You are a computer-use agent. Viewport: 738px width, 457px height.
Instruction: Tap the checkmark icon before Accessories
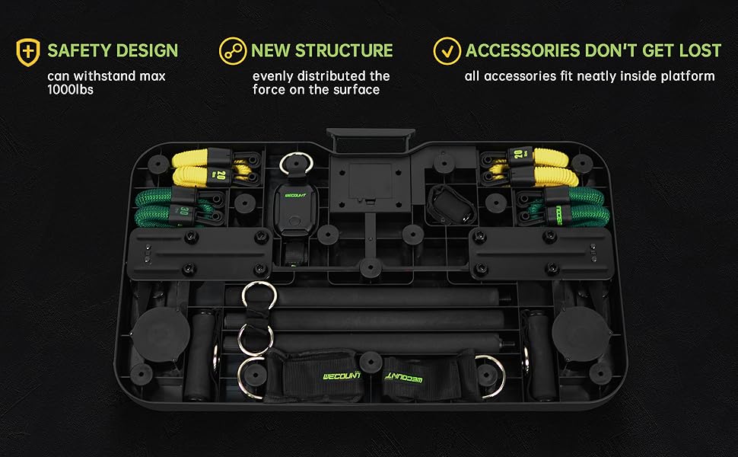coord(447,51)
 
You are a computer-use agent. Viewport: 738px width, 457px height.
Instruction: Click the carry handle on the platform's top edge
coord(368,137)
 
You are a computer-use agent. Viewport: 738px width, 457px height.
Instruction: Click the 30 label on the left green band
coord(185,210)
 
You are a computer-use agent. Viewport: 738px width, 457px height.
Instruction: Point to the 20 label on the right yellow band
coord(517,156)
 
